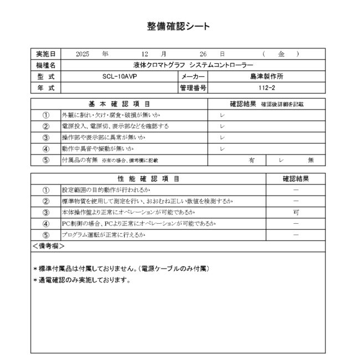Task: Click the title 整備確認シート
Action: pos(178,26)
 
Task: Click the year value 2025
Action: pos(82,54)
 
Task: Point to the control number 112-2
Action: pos(266,88)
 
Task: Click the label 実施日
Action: pos(45,54)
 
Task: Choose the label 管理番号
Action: pos(193,88)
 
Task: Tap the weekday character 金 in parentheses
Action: pos(281,54)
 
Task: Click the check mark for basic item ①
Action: pos(222,115)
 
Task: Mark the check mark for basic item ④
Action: pos(222,148)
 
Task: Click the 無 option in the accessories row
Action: pos(310,160)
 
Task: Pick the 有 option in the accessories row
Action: pos(251,160)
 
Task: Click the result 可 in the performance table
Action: pos(296,212)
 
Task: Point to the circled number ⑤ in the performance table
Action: pos(46,235)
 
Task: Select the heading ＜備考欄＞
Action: pos(48,245)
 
